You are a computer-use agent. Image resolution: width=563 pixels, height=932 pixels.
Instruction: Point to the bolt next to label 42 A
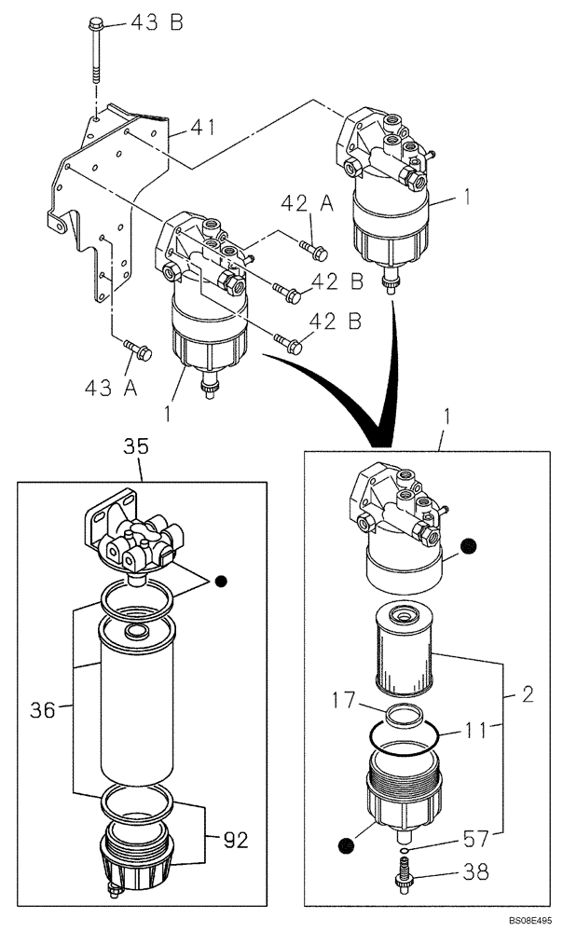313,249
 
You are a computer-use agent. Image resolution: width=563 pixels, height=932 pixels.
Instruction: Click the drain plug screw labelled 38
405,874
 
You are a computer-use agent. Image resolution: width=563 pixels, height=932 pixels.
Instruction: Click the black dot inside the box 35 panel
222,582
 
